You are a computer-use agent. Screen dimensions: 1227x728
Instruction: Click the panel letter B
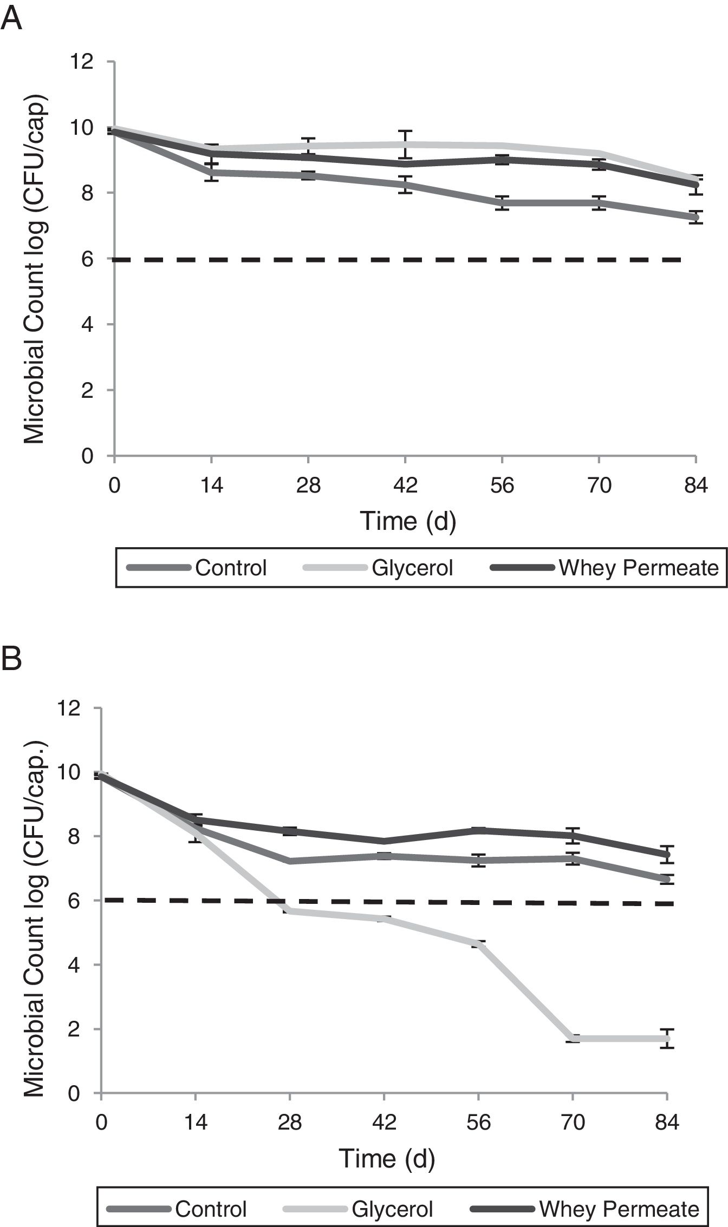tap(12, 659)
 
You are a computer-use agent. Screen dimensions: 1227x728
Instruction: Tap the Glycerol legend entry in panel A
tap(412, 568)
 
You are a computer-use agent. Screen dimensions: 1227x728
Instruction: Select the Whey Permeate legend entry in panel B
tap(619, 1209)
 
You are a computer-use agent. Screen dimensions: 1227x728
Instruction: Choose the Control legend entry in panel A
tap(231, 568)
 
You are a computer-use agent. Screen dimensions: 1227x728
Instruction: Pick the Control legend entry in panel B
tap(211, 1209)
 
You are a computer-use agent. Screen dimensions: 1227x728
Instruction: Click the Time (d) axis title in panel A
tap(408, 521)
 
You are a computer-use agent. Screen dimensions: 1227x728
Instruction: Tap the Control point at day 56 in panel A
tap(502, 203)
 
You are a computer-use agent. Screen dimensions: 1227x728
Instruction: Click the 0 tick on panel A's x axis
tap(114, 485)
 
